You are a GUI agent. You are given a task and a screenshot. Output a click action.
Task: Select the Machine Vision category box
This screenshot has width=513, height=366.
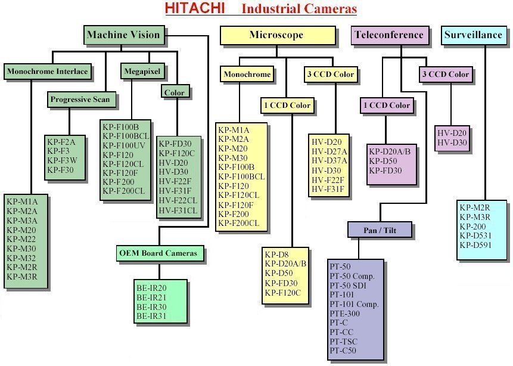pos(123,35)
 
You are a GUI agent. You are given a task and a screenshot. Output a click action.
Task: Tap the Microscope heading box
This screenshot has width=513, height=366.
pos(276,35)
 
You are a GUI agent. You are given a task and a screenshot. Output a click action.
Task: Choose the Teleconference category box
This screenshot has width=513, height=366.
pos(390,35)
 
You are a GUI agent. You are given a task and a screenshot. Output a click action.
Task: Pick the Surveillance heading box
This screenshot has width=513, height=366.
pos(473,35)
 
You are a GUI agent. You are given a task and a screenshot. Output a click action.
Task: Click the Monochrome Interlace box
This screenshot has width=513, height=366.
pos(48,72)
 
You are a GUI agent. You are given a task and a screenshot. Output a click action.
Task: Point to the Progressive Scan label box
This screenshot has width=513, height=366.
pos(80,100)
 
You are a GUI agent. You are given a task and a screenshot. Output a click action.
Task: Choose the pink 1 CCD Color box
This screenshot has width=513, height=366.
pos(386,106)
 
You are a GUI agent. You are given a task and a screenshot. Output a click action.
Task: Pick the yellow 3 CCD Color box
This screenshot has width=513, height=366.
pos(331,75)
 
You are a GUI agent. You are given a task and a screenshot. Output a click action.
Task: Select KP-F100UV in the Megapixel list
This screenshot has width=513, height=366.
pos(123,145)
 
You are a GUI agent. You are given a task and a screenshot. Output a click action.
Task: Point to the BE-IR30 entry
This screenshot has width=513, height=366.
pos(151,306)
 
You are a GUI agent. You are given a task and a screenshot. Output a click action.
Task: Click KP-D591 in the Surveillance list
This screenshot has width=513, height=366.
pos(476,245)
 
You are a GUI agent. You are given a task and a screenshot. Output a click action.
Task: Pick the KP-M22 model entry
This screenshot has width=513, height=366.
pos(21,239)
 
